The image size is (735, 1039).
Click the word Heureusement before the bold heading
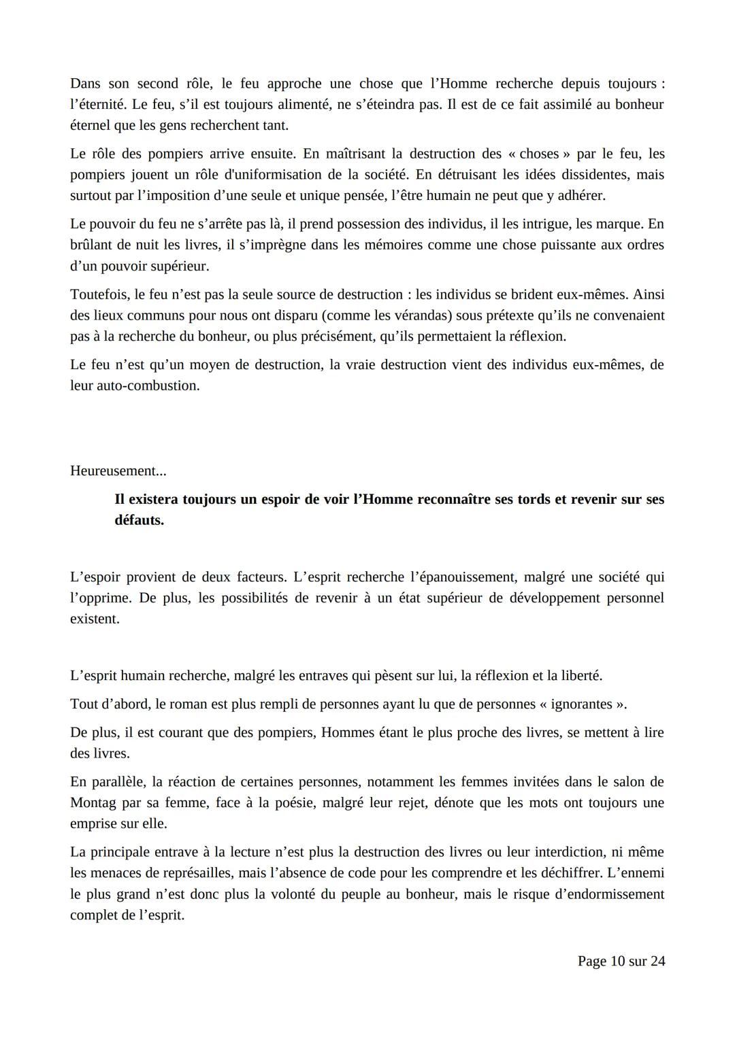[x=117, y=471]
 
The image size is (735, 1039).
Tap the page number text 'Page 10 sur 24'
[x=621, y=961]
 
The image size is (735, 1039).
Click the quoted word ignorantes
[x=583, y=704]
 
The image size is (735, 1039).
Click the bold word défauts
[x=139, y=521]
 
